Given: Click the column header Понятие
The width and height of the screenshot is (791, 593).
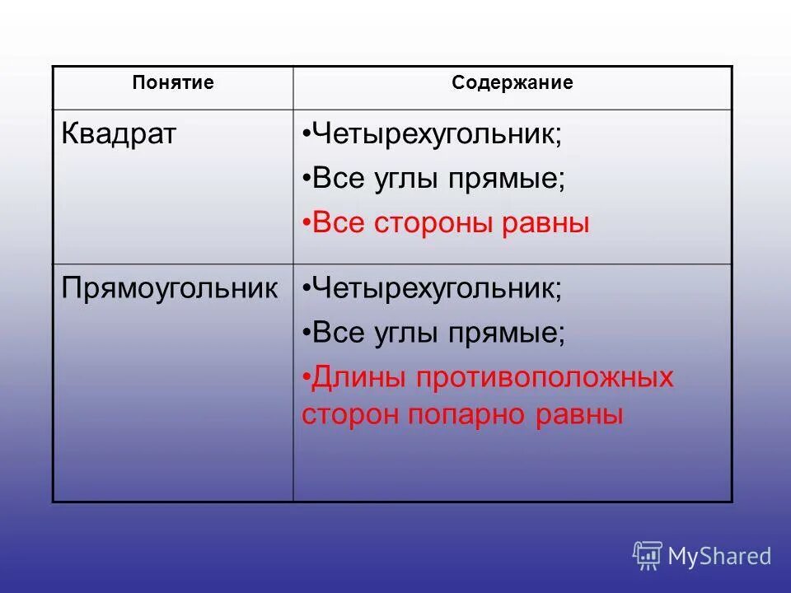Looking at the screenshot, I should click(173, 83).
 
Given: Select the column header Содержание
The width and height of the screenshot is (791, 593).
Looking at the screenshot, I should click(512, 83).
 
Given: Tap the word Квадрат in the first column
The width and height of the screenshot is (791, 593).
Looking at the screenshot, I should click(119, 134).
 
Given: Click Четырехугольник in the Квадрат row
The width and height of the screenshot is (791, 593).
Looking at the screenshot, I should click(437, 135).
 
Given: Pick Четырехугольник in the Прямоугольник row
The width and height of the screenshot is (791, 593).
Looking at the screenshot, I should click(437, 289).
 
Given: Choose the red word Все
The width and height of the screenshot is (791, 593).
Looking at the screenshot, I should click(340, 224).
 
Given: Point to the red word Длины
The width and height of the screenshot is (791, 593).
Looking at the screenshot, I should click(358, 378).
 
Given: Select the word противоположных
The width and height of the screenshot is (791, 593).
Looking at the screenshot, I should click(544, 378).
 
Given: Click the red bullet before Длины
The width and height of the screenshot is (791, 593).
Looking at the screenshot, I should click(307, 378).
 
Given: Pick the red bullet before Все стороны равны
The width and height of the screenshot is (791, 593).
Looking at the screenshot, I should click(307, 224).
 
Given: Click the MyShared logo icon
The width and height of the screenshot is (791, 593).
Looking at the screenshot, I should click(648, 555).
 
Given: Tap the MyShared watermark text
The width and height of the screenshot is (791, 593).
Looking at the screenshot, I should click(719, 556).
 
